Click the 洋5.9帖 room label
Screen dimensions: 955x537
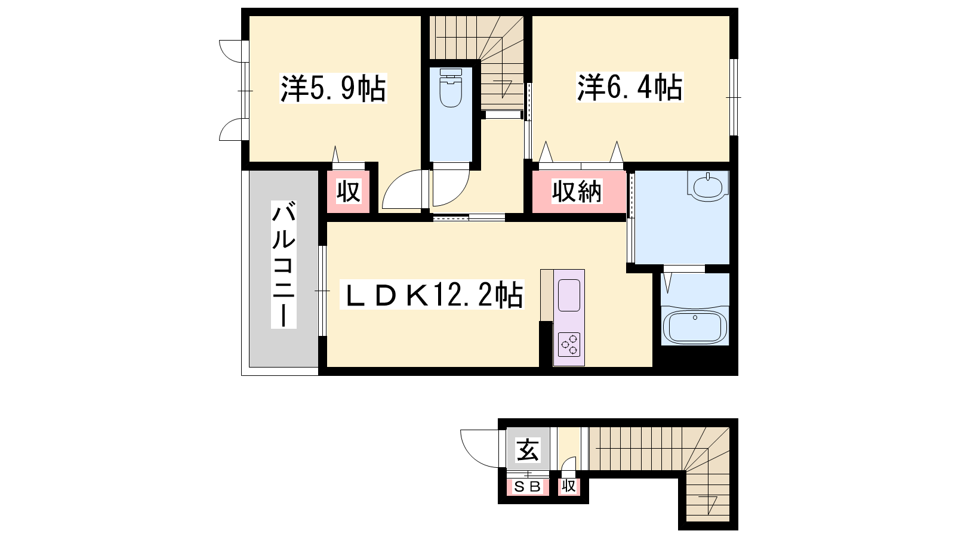tap(333, 88)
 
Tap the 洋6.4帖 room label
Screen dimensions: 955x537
tap(630, 87)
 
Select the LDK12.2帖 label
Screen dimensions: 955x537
tap(432, 295)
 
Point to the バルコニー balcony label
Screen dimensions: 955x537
tap(284, 265)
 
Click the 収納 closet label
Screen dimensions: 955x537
tap(577, 192)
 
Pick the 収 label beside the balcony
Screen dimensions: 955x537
tap(349, 192)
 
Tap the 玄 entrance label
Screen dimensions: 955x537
tap(528, 450)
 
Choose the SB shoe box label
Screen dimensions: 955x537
tap(528, 487)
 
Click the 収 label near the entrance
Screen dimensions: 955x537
tap(569, 486)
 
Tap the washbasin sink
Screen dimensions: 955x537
tap(708, 186)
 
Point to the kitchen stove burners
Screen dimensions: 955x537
tap(569, 344)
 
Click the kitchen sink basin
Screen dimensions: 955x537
tap(569, 295)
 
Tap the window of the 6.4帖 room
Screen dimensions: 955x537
tap(734, 97)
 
